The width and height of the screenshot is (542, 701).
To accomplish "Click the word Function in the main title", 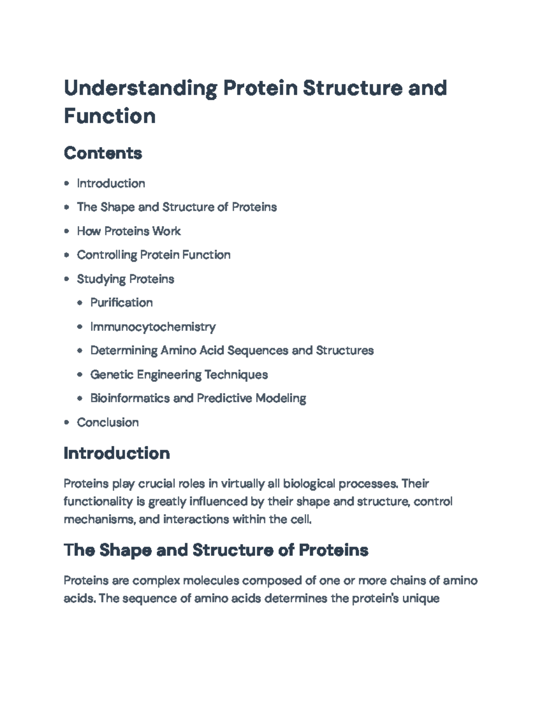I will pos(110,116).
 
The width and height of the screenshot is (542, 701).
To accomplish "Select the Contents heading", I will pos(103,153).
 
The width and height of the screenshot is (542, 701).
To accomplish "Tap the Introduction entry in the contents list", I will pos(111,184).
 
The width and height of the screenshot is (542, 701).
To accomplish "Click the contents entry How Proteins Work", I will pos(129,231).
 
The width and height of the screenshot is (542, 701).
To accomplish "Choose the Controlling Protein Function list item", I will pos(154,255).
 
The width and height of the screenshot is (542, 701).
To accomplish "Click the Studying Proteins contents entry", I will pos(125,279).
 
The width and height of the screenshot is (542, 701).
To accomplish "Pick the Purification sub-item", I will pos(121,303).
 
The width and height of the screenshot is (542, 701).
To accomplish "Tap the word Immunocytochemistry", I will pos(153,327).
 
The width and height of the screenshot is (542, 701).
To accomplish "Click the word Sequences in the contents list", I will pos(257,351).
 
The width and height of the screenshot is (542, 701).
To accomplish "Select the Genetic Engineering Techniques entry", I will pos(179,375).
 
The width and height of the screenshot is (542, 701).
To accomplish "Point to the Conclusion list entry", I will pos(107,422).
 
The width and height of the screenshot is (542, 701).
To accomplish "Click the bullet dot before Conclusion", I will pos(67,422).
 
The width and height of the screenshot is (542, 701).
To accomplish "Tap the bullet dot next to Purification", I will pos(80,303).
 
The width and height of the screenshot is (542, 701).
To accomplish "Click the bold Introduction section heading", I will pos(117,453).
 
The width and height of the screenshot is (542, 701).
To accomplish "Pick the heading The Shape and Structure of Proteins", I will pos(216,550).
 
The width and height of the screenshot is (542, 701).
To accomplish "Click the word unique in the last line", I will pos(421,599).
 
